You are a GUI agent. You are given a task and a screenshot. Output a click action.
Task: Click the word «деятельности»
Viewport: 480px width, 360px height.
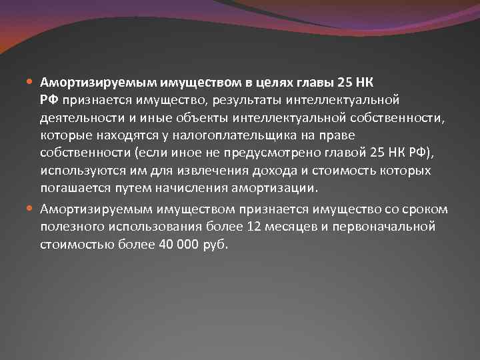pyautogui.click(x=78, y=119)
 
